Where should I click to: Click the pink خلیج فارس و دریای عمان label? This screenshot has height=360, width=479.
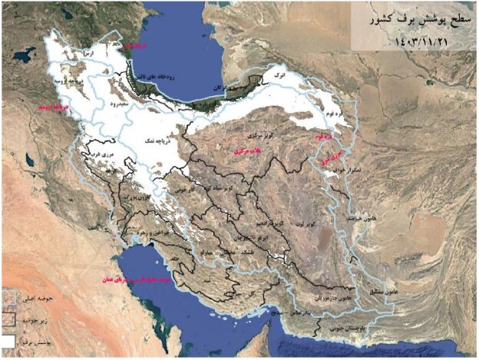[127, 280]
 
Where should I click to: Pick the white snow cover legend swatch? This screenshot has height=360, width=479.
[10, 338]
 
